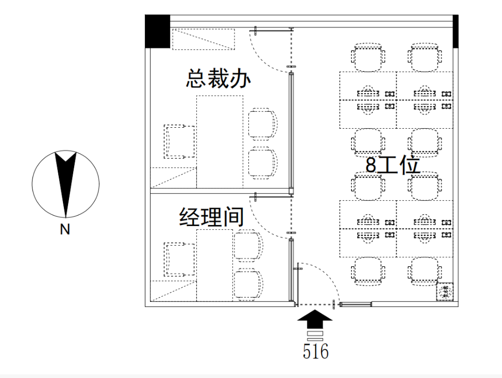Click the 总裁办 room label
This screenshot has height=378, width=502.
[218, 78]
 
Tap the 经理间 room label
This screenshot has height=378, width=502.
[211, 217]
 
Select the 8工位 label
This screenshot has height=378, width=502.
[393, 165]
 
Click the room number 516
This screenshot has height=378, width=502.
[315, 351]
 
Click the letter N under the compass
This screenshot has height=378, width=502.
[65, 229]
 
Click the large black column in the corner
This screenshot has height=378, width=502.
[158, 31]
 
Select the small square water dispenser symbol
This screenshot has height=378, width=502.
[445, 291]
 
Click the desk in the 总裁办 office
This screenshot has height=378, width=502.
[220, 142]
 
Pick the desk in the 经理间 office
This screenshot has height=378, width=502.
[214, 265]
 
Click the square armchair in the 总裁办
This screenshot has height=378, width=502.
[179, 141]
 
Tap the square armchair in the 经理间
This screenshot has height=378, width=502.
[179, 260]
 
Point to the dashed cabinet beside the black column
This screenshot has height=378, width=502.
[204, 39]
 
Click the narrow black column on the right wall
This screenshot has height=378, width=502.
[456, 31]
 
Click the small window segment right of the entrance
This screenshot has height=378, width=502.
[356, 304]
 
